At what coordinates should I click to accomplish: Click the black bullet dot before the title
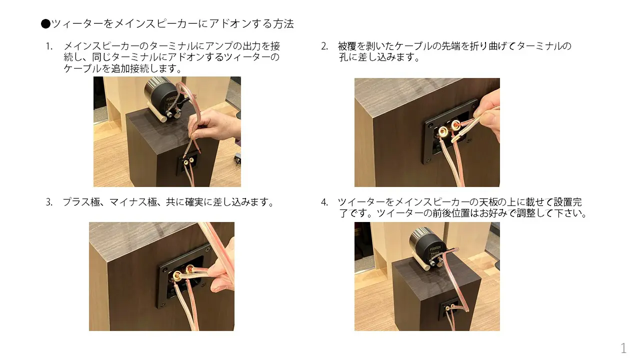45,23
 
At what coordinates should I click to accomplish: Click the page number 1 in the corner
623,348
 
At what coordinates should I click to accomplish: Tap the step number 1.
49,46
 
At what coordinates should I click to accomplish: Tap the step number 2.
324,46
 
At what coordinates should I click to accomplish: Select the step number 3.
49,202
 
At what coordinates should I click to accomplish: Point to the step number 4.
324,202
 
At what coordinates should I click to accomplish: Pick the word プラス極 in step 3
81,202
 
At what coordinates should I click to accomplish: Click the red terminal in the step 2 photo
455,125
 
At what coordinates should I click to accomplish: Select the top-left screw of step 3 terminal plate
164,268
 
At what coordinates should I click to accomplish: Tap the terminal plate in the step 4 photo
449,309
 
